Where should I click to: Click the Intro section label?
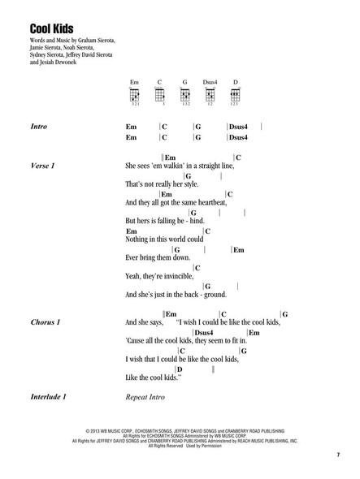click(38, 128)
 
